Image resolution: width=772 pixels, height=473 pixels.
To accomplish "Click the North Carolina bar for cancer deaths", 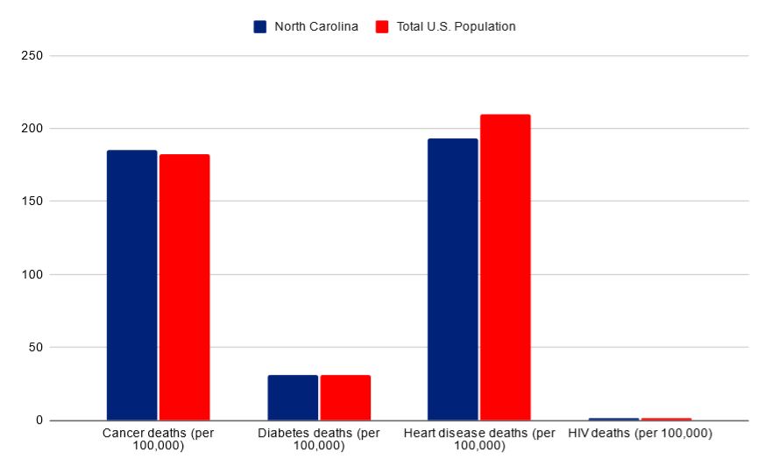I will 131,285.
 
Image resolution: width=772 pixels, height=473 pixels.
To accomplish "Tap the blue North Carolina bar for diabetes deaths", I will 293,398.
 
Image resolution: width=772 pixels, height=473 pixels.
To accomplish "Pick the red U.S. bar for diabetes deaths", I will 345,398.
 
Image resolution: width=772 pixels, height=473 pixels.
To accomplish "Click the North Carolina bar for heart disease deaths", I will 452,279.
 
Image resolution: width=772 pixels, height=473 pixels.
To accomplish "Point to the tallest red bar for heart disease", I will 505,267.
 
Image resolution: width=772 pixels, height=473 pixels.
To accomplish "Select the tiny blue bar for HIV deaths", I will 613,419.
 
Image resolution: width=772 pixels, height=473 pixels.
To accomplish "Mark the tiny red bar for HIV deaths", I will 666,419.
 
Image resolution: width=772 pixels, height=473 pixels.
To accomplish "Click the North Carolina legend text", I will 315,26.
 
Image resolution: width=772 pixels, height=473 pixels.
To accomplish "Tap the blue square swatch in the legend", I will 260,26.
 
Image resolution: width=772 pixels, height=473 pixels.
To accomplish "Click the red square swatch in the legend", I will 381,26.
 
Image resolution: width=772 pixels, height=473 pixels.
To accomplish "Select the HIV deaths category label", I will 640,434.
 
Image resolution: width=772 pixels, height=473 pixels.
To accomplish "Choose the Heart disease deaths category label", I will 479,440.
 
